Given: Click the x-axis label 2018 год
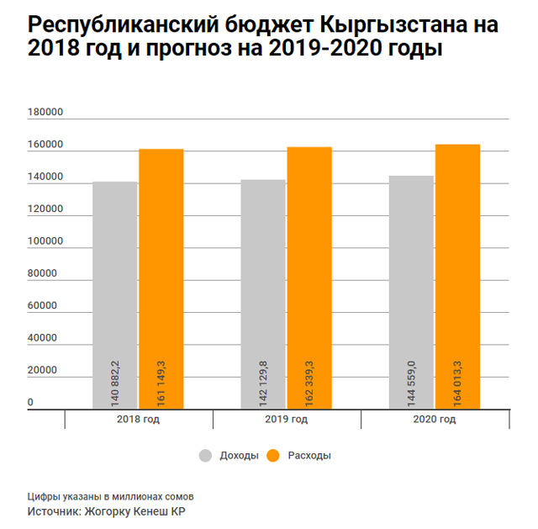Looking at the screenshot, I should point(140,420).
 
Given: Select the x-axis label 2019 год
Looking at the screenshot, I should point(287,420).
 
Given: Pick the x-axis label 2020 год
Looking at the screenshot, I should point(435,420).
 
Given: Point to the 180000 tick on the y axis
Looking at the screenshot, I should point(45,114).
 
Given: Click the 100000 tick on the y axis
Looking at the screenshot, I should point(45,242).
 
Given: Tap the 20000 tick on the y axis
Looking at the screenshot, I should point(43,371).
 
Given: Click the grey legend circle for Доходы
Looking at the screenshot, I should point(206,456).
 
